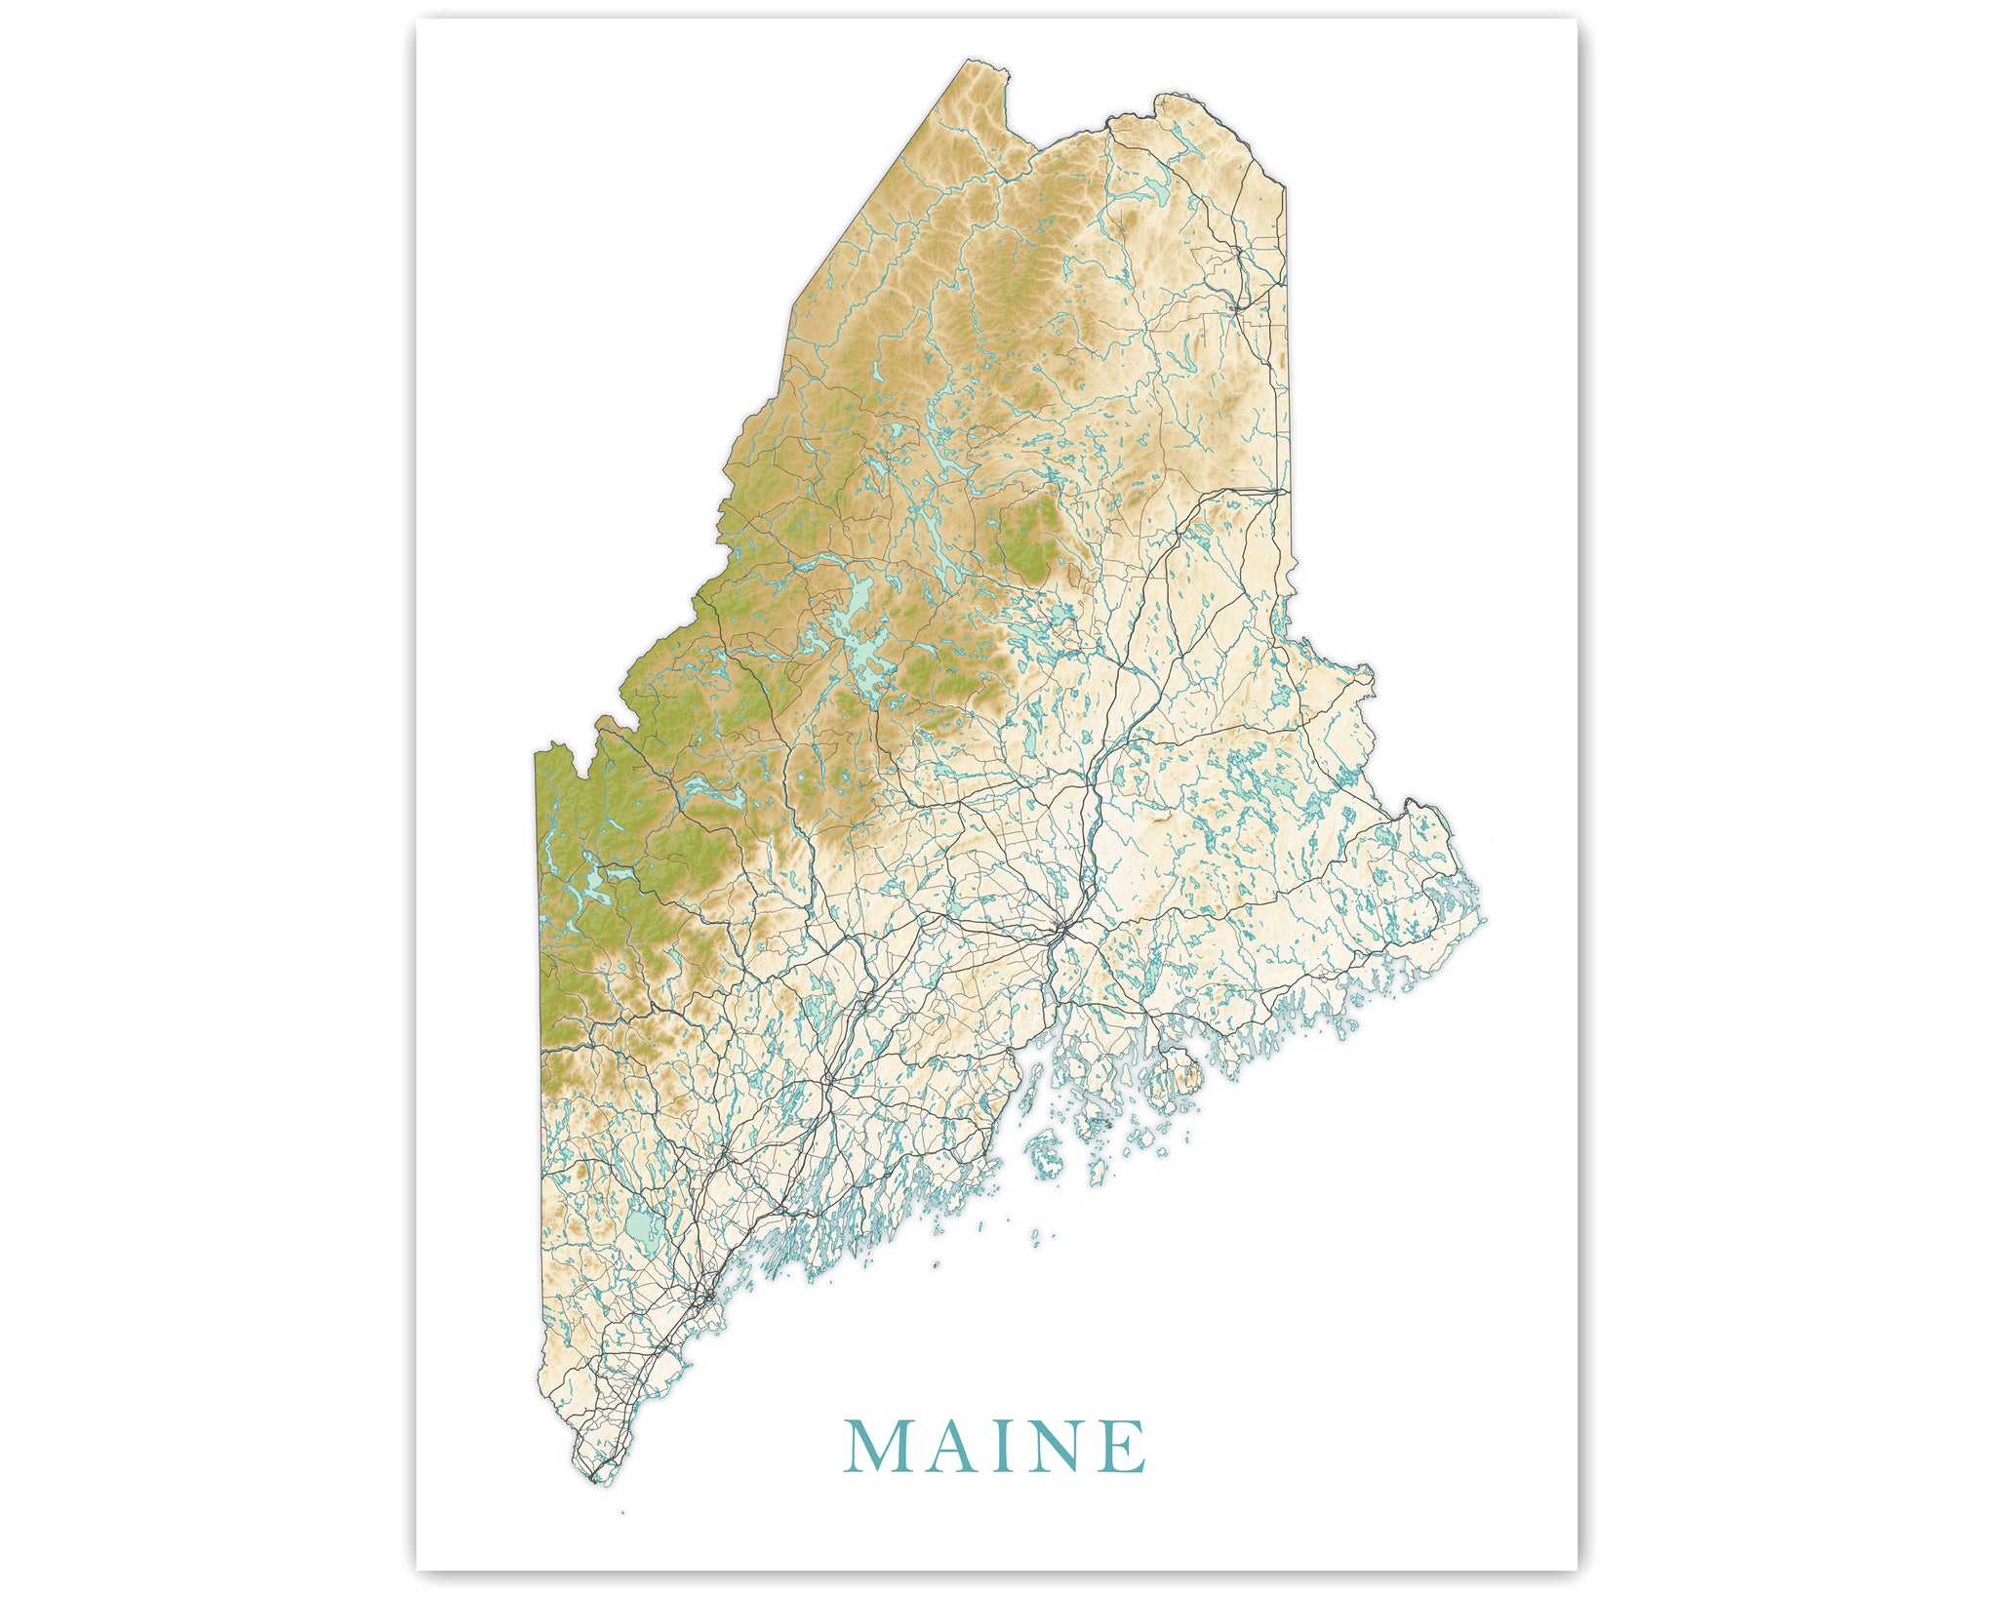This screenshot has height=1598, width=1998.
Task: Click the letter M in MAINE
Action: tap(873, 1447)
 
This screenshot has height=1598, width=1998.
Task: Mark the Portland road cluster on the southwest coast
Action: tap(704, 1298)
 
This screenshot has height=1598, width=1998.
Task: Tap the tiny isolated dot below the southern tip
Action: tap(621, 1513)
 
